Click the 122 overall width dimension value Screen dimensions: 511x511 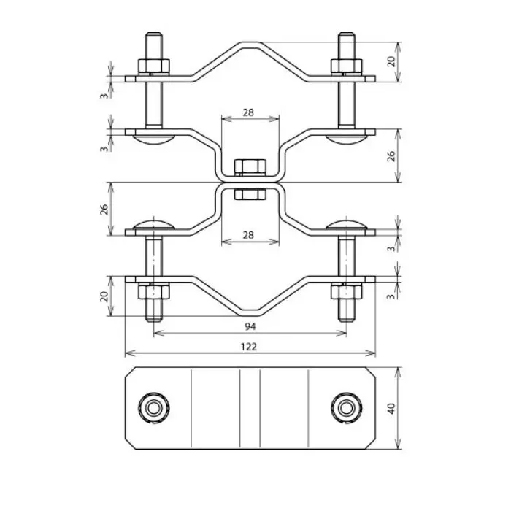point(250,347)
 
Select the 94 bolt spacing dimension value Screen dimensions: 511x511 point(250,326)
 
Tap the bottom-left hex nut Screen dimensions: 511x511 point(154,292)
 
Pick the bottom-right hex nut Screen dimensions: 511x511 point(345,292)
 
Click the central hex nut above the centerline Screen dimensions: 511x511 point(250,167)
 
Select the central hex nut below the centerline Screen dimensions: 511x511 point(250,194)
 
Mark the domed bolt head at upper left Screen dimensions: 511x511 point(154,139)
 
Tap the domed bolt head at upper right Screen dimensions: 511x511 point(345,139)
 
